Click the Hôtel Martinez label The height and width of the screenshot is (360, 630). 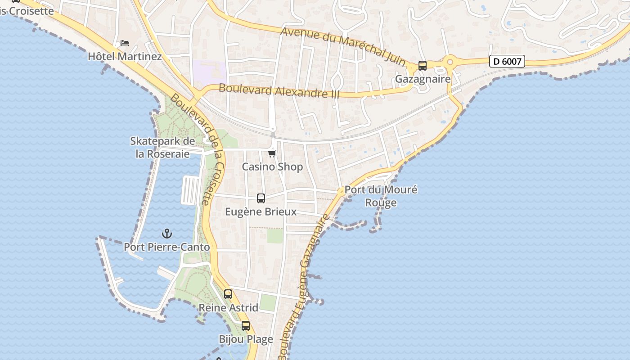(125, 56)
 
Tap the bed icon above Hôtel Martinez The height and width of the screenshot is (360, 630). (125, 43)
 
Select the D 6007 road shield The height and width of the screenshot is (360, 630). (507, 61)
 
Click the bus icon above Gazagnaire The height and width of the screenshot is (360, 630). (422, 66)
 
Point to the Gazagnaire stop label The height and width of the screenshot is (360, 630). (423, 79)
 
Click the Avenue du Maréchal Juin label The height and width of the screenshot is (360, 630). (344, 46)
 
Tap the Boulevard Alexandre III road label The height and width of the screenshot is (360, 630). (279, 91)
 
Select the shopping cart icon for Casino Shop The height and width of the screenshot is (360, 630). (272, 154)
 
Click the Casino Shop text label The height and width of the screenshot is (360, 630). (272, 167)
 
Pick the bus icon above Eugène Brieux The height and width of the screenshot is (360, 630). (261, 198)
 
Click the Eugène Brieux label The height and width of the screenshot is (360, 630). (261, 211)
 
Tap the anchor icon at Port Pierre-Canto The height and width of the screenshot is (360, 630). (167, 234)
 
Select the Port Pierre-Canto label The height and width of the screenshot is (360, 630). (167, 247)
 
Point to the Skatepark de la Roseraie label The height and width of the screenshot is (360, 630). (163, 147)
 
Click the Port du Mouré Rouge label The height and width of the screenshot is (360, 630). (381, 196)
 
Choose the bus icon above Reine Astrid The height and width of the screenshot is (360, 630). (228, 294)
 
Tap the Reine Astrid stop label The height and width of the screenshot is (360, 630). (228, 308)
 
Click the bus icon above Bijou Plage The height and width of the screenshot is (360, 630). (245, 326)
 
